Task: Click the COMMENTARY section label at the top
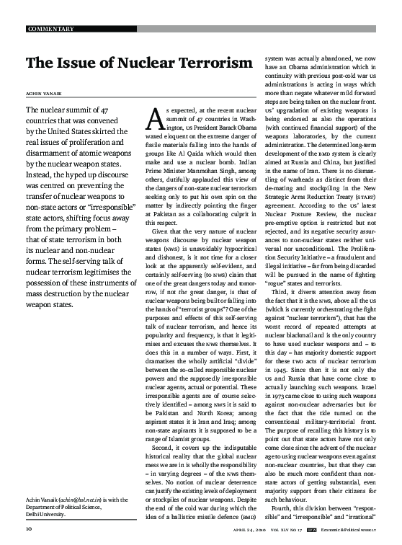50,29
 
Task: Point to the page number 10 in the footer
29,528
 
